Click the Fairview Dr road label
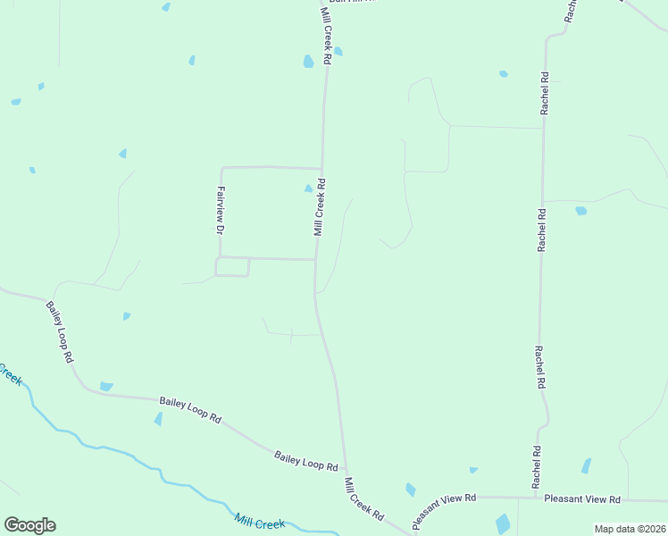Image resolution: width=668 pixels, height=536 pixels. tap(220, 209)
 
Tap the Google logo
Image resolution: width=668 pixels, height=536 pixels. tap(29, 525)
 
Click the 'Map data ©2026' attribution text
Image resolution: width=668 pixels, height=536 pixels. tap(630, 529)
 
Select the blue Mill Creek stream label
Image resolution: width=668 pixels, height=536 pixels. tap(259, 522)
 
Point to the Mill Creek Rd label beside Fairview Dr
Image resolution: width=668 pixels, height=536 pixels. tap(319, 207)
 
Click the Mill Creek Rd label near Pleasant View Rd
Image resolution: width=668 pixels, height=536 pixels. tap(363, 499)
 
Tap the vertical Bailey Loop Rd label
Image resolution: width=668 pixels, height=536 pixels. tap(60, 331)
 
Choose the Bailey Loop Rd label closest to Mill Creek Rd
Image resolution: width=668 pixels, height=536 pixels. tap(306, 461)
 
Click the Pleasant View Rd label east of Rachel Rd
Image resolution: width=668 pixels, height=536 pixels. tap(581, 498)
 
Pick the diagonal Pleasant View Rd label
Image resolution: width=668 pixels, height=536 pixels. tap(444, 510)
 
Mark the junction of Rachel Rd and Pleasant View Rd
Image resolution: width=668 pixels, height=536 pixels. tap(535, 498)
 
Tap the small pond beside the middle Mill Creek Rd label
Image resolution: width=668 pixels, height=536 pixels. tap(309, 188)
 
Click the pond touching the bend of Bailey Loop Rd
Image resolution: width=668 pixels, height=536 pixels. tap(106, 386)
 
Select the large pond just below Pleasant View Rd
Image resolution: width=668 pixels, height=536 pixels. tap(503, 524)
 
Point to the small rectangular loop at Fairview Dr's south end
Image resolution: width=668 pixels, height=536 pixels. tap(232, 266)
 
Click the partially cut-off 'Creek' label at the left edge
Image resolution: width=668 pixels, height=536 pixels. tap(11, 373)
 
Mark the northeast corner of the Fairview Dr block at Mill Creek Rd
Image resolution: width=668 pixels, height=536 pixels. tap(321, 168)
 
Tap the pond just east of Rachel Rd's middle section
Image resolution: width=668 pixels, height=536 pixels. tap(581, 211)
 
